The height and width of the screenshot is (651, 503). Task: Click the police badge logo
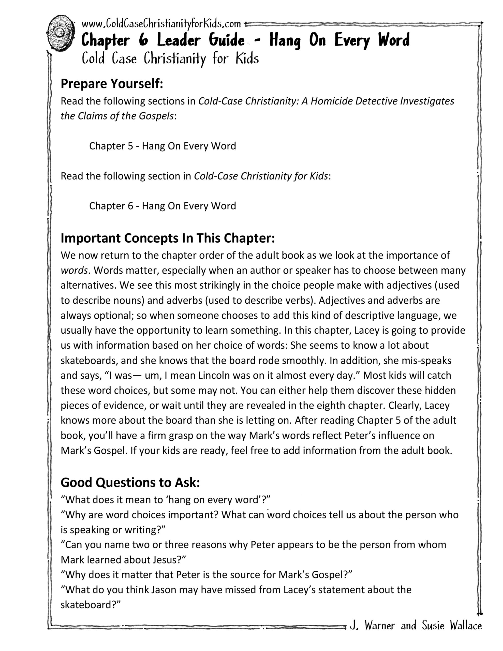coord(61,33)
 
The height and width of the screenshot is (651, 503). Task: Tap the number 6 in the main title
coord(143,40)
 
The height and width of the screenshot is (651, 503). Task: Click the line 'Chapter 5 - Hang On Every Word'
coord(162,146)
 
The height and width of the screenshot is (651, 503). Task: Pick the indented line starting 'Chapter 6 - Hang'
coord(162,206)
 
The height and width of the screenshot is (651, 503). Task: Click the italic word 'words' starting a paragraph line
coord(74,270)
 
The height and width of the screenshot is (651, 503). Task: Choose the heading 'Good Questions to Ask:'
coord(130,482)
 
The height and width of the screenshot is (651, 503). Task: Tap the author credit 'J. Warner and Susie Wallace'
coord(416,625)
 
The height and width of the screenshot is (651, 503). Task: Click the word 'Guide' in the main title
coord(227,40)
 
